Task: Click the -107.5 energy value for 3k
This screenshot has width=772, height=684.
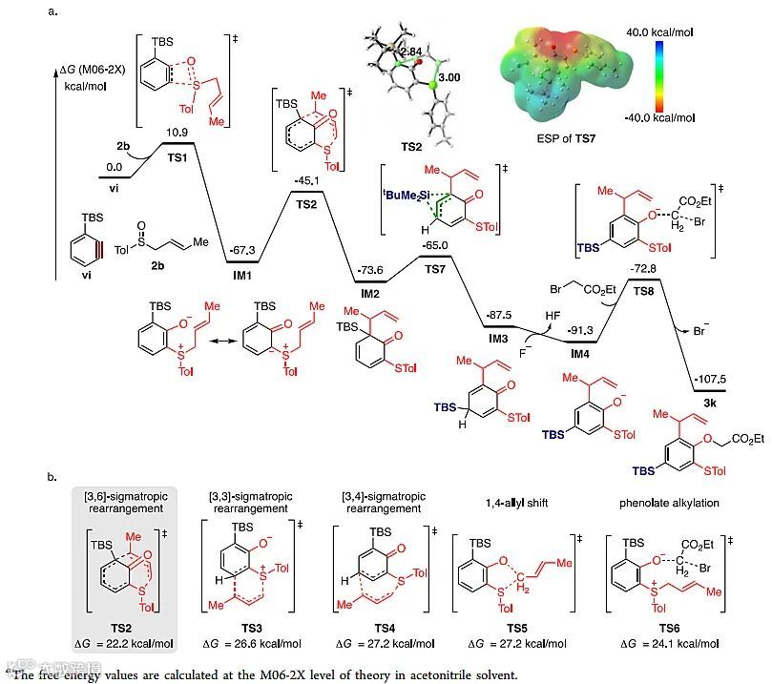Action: pyautogui.click(x=710, y=378)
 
